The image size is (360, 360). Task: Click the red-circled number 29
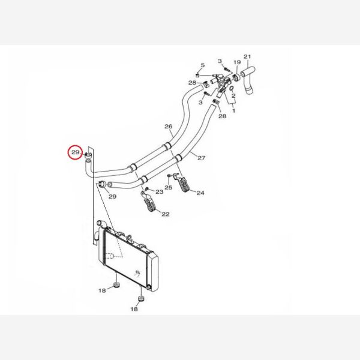click(x=76, y=152)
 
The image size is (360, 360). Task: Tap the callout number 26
click(x=168, y=126)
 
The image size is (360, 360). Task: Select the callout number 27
click(x=202, y=158)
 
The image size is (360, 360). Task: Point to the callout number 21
click(x=247, y=56)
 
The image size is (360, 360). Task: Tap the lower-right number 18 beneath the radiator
click(x=134, y=309)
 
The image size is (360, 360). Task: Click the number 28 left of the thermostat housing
click(x=192, y=83)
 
